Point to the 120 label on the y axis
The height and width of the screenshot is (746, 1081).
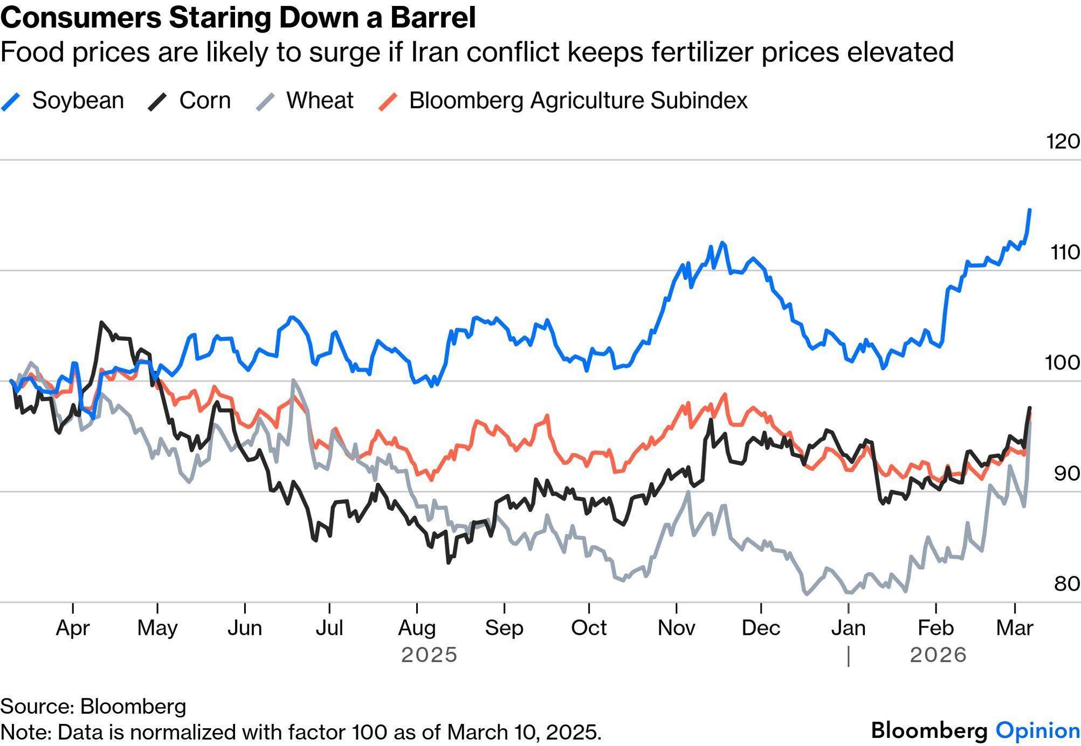click(x=1063, y=142)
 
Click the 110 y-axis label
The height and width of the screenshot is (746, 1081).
click(x=1065, y=252)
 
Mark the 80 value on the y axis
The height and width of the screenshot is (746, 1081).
click(x=1066, y=584)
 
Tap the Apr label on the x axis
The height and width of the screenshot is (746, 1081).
click(x=73, y=628)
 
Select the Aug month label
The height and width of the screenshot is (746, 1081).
click(x=417, y=628)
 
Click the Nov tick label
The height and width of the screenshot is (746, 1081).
click(x=676, y=628)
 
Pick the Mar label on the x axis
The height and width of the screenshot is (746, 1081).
click(x=1015, y=628)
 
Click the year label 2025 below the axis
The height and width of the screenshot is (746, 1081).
click(x=429, y=655)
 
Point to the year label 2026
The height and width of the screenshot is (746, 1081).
click(x=938, y=655)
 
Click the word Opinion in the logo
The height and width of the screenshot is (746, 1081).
click(x=1037, y=730)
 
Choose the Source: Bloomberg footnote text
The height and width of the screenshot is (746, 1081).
click(x=93, y=707)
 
